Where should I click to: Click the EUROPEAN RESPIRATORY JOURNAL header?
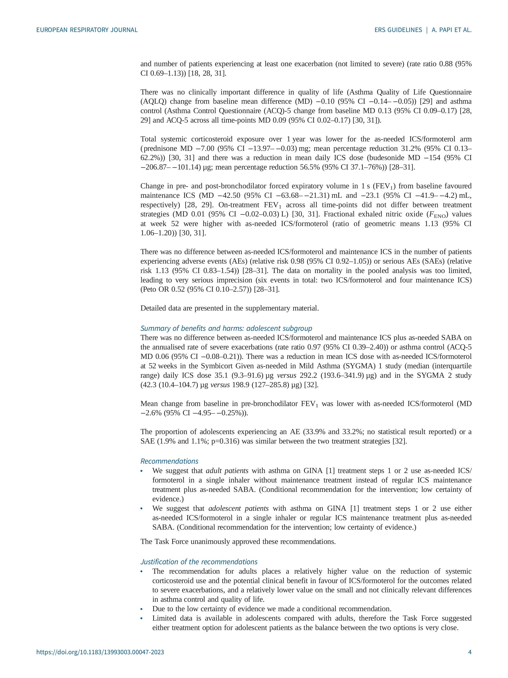pyautogui.click(x=87, y=30)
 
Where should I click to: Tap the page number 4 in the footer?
pyautogui.click(x=470, y=661)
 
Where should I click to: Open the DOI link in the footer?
pyautogui.click(x=100, y=661)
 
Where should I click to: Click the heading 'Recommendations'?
pyautogui.click(x=169, y=461)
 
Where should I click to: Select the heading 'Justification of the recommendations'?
pyautogui.click(x=199, y=562)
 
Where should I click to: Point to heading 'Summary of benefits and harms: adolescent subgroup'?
pyautogui.click(x=226, y=328)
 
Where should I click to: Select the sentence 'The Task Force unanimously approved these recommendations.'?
pyautogui.click(x=238, y=542)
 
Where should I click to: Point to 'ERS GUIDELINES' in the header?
pyautogui.click(x=398, y=30)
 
